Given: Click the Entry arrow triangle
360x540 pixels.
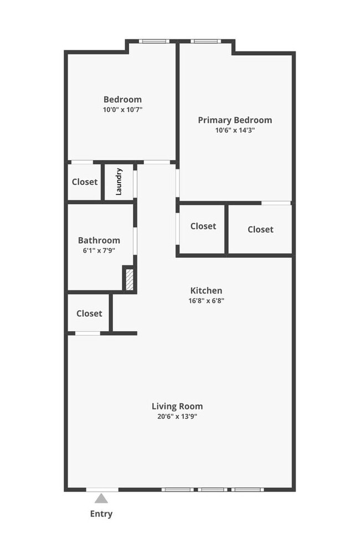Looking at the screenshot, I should (101, 498).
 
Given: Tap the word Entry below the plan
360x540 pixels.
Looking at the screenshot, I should (101, 514).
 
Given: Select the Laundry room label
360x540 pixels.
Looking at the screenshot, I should (119, 182).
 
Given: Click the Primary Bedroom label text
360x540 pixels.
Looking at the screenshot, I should (235, 120).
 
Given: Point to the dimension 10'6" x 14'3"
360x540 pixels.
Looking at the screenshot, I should (235, 131).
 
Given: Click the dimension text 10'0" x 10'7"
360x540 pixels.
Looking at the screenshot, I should (123, 110).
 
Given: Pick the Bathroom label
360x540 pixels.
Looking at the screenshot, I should (99, 240).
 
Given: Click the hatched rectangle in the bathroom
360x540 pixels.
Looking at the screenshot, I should (128, 279).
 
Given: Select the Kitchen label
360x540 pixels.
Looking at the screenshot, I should (206, 290).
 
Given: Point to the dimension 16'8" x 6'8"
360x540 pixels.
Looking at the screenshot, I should (206, 301).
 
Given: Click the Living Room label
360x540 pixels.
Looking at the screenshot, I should (177, 406).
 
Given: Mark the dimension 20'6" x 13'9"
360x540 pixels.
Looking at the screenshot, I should (177, 416).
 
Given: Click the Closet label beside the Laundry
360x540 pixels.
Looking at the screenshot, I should (85, 182).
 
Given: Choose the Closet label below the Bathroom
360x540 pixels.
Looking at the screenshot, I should (89, 313).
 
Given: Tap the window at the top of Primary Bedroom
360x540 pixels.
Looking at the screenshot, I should (206, 41).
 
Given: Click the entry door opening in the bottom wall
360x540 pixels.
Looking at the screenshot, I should (102, 489).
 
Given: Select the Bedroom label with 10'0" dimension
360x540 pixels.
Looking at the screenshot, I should (123, 99).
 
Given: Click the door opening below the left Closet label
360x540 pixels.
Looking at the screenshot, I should (88, 333).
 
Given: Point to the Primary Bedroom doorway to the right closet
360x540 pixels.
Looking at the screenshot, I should (276, 203).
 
